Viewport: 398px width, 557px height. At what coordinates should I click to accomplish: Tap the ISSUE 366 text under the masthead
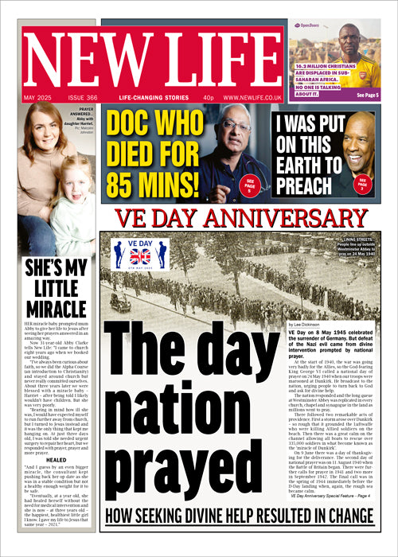click(x=80, y=97)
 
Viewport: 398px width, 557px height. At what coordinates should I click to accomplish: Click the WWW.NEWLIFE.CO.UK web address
click(x=252, y=97)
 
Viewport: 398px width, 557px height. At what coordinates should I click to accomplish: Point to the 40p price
click(x=209, y=97)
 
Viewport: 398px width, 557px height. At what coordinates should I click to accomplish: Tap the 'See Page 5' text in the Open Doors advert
click(x=368, y=95)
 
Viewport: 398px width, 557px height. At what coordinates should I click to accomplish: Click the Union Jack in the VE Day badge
click(x=140, y=255)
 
